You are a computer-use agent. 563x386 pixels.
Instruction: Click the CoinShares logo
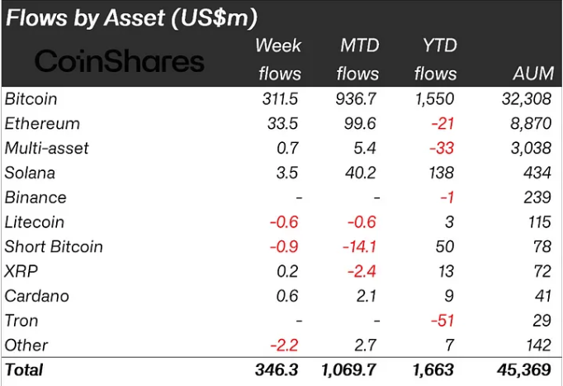(120, 60)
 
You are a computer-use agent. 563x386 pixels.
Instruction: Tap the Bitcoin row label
(31, 99)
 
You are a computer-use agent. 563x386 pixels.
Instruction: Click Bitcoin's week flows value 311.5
(278, 99)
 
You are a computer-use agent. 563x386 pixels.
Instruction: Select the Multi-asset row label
(46, 149)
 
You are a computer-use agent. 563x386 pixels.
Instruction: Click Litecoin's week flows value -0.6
(282, 222)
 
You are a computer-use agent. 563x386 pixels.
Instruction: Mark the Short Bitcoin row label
(54, 246)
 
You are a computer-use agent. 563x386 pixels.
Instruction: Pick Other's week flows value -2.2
(282, 345)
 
